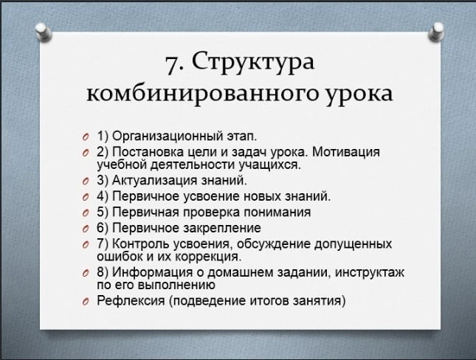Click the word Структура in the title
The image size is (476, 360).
coord(253,62)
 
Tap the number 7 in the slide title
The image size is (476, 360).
coord(172,63)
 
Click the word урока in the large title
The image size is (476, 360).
coord(359,94)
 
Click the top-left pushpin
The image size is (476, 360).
coord(43,32)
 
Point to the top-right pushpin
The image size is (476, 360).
coord(436,32)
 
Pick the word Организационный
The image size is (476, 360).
coord(168,136)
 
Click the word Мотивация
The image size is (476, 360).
coord(346,152)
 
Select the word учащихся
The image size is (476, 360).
coord(270,165)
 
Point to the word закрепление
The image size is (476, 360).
coord(222,228)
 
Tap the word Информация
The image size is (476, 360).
coord(152,272)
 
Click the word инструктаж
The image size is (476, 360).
coord(370,273)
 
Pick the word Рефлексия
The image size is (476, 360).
coord(131,301)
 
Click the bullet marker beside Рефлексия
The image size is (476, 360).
coord(86,302)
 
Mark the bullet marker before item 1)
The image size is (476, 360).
coord(86,137)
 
